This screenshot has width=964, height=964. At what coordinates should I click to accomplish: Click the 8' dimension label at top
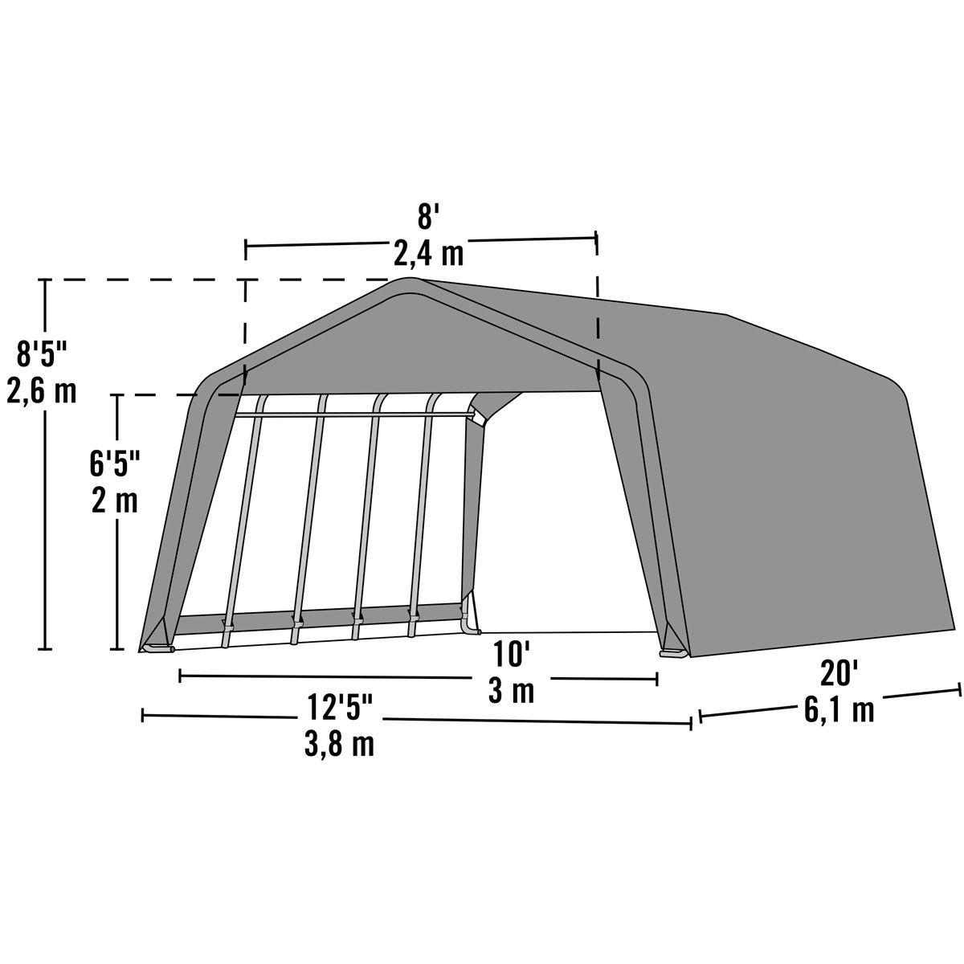coord(425,218)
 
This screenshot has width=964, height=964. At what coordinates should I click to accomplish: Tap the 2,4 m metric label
coord(429,254)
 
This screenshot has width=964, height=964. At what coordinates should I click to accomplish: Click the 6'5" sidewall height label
coord(113,464)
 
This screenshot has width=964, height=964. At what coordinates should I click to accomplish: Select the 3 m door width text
coord(512,691)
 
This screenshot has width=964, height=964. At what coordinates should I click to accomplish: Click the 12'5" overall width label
coord(341,708)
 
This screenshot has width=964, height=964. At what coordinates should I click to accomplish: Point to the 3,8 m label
coord(339,745)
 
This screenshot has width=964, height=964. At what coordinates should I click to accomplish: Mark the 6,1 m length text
coord(839,710)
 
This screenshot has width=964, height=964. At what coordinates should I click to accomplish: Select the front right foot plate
coord(673,653)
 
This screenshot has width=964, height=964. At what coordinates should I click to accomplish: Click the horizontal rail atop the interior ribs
coord(353,415)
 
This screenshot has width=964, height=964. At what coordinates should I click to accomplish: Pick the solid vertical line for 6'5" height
coord(119,562)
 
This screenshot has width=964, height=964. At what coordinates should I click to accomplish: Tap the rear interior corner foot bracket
coord(469,623)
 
